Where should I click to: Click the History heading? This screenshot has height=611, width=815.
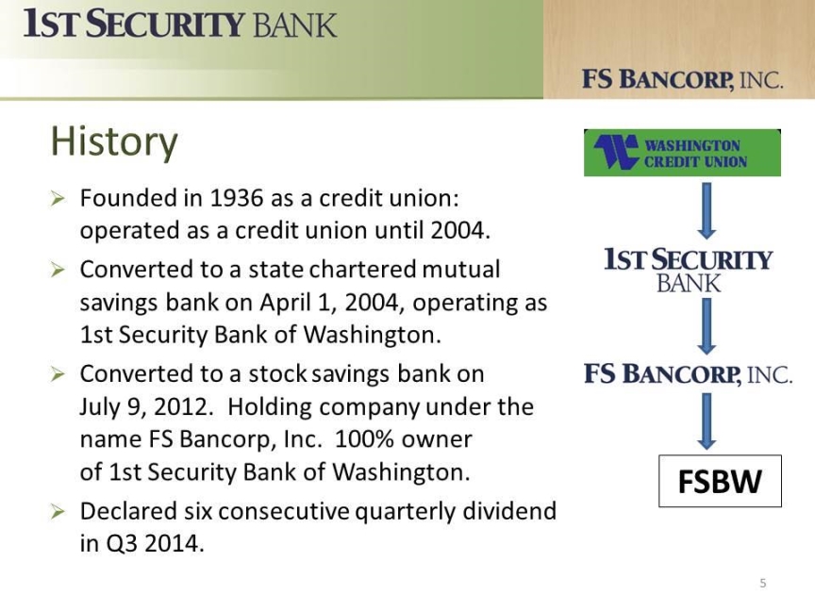[x=114, y=141]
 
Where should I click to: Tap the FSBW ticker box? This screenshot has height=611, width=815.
[x=720, y=481]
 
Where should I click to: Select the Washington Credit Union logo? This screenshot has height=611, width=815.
[x=682, y=153]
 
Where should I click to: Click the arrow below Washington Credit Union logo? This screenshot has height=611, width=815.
[x=706, y=210]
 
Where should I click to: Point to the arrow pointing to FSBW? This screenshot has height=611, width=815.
[x=706, y=421]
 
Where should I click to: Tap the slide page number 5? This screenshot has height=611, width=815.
[x=763, y=583]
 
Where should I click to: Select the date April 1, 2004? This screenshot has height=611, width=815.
[x=332, y=303]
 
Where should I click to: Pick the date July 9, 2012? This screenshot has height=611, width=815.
[x=146, y=406]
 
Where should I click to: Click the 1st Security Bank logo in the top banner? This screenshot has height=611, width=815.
[x=180, y=24]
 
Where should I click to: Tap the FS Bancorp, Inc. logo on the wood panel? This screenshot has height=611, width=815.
[x=682, y=79]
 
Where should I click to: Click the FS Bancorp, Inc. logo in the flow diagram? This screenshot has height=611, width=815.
[x=689, y=374]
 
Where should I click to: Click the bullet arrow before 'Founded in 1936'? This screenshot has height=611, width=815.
[x=58, y=198]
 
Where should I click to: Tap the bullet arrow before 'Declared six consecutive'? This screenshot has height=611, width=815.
[x=58, y=512]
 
